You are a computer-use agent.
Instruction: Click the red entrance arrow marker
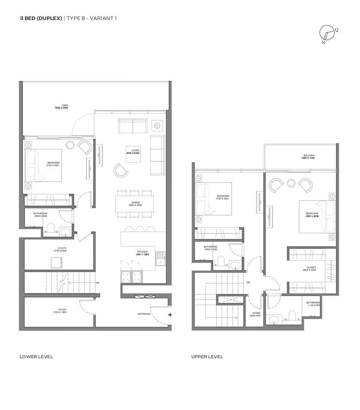[170, 315]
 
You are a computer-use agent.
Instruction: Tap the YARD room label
[64, 105]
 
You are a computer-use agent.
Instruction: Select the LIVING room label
[135, 150]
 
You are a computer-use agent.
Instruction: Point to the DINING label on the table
[135, 203]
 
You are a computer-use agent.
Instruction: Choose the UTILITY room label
[62, 248]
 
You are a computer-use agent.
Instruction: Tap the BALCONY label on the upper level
[309, 155]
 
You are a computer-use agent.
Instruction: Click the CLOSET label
[311, 267]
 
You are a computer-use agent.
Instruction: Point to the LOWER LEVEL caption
[36, 357]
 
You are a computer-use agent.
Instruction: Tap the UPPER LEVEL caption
[207, 357]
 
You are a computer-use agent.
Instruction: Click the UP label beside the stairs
[98, 282]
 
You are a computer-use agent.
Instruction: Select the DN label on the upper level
[248, 282]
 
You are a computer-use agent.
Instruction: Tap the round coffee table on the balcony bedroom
[291, 183]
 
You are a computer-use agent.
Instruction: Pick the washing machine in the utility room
[56, 263]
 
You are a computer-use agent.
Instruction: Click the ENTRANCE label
[144, 314]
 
